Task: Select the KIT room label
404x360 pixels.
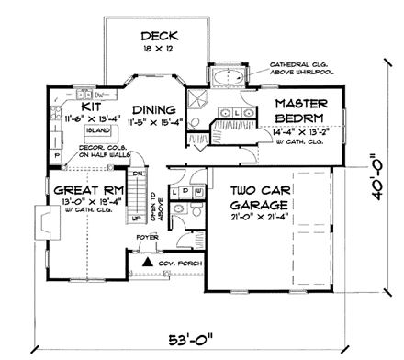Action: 77,93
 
